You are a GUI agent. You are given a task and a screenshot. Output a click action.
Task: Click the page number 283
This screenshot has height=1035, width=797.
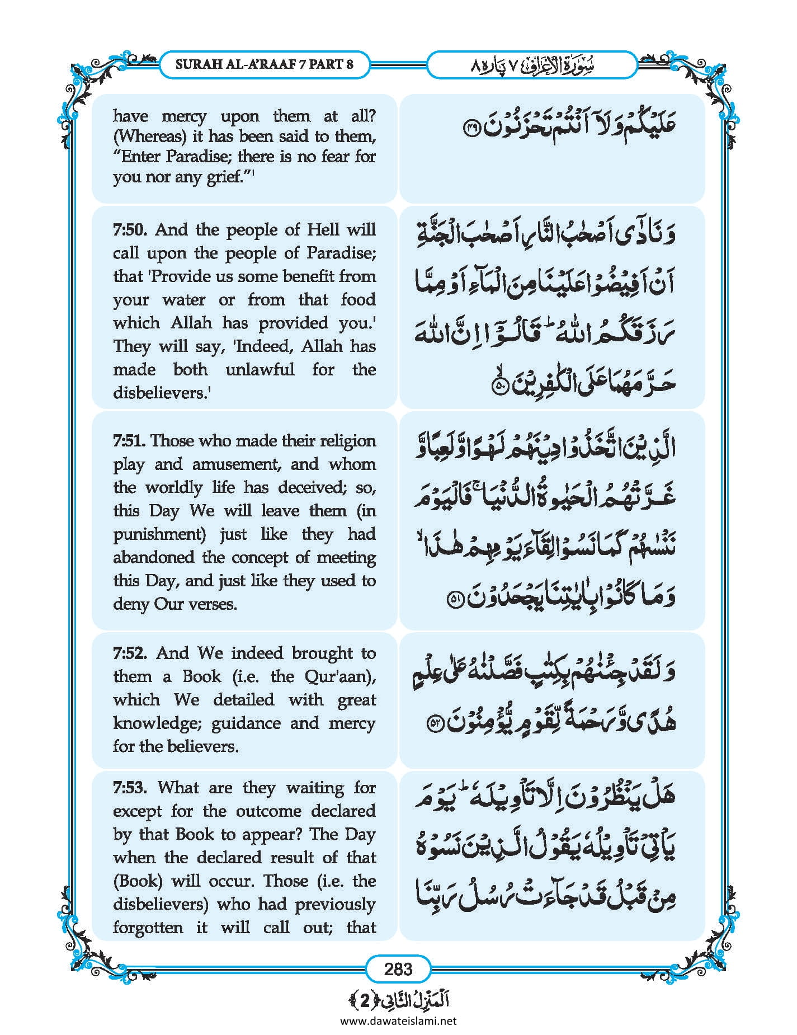tap(398, 968)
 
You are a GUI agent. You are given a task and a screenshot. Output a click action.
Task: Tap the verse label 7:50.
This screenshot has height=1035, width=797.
tap(130, 230)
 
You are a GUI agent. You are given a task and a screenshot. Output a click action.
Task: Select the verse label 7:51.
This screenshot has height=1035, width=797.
tap(129, 441)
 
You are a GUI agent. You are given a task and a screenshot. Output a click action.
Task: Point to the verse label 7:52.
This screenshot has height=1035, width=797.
tap(130, 653)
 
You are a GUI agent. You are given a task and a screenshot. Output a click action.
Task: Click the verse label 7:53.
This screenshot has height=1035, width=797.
tap(130, 788)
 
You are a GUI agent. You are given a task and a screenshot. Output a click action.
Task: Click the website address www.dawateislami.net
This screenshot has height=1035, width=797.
tap(398, 1020)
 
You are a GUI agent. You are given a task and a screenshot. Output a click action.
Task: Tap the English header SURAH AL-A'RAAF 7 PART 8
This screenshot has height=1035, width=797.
tap(265, 64)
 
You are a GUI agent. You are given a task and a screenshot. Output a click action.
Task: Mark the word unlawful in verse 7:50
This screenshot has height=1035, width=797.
tap(260, 370)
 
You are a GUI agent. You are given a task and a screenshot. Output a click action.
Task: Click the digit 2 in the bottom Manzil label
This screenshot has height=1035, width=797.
tap(365, 1001)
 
